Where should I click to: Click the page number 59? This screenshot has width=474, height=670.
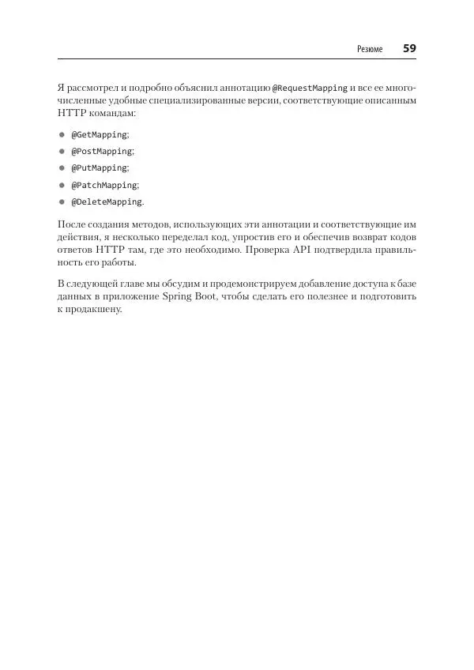point(409,48)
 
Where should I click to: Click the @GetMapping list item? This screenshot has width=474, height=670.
point(100,135)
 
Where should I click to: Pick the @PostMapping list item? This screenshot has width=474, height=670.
point(103,152)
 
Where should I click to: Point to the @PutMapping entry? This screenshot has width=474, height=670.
point(100,168)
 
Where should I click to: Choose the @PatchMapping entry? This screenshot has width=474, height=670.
point(105,185)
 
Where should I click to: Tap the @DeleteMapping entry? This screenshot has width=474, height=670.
point(107,201)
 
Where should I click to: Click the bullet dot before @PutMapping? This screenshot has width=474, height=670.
point(61,168)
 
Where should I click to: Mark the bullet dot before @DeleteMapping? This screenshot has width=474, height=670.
point(61,201)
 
